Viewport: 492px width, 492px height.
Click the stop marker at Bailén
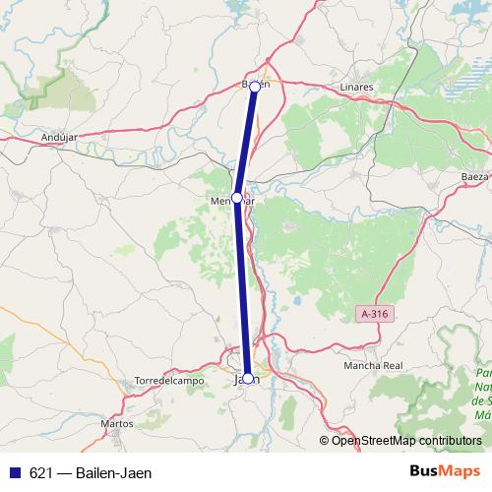pyautogui.click(x=255, y=87)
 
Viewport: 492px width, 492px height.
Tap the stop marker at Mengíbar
pyautogui.click(x=237, y=198)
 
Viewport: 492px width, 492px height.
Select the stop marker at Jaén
pyautogui.click(x=248, y=378)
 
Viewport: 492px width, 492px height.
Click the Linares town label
pyautogui.click(x=355, y=88)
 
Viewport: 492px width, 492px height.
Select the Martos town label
pyautogui.click(x=117, y=424)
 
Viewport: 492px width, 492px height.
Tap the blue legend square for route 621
pyautogui.click(x=14, y=473)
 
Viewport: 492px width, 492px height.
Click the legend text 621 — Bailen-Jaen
pyautogui.click(x=91, y=473)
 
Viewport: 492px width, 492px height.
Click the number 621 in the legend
pyautogui.click(x=41, y=473)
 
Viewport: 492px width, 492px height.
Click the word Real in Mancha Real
pyautogui.click(x=393, y=365)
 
